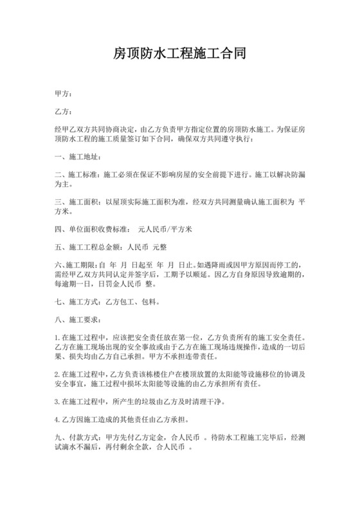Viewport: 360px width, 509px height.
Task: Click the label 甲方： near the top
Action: click(65, 94)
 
